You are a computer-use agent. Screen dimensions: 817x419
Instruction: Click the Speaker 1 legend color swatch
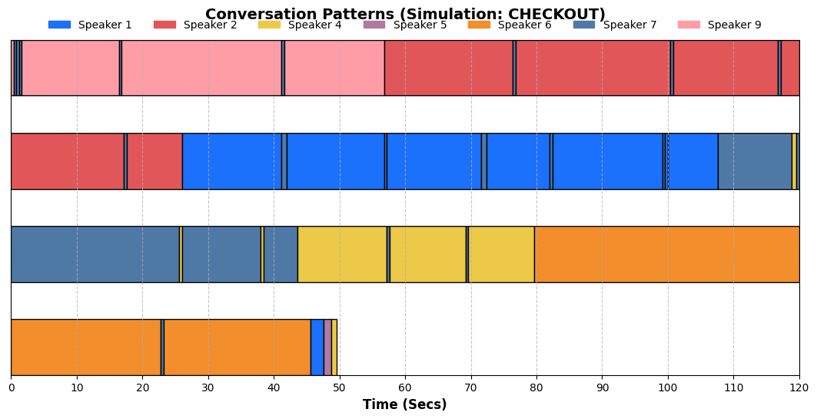tap(59, 25)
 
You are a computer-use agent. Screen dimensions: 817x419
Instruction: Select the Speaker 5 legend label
tap(420, 25)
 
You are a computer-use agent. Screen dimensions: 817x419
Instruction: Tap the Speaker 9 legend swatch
tap(689, 25)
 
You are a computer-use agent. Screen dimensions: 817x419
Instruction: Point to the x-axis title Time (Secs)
tap(405, 404)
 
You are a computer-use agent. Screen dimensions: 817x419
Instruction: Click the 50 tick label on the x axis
tap(339, 387)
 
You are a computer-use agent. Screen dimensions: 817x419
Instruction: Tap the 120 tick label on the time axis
tap(799, 387)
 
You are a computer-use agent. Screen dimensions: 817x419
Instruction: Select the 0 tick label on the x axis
tap(12, 387)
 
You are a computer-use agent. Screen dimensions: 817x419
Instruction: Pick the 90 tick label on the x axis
tap(603, 387)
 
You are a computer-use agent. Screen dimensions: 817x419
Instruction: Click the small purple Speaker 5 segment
tap(327, 347)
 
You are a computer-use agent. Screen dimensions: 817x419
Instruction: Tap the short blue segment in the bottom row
tap(317, 347)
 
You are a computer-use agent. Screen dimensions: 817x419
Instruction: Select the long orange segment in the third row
tap(667, 254)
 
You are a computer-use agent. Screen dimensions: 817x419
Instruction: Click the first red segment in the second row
tap(68, 161)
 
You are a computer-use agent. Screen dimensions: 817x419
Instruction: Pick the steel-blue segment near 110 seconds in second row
tap(755, 161)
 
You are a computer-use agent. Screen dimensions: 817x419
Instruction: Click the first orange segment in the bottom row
tap(86, 347)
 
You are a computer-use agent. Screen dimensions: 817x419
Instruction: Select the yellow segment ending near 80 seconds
tap(501, 254)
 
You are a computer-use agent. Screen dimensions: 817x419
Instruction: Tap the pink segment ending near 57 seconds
tap(334, 68)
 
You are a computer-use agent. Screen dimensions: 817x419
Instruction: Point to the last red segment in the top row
tap(790, 68)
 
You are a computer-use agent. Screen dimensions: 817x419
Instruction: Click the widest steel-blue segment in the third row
tap(95, 254)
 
